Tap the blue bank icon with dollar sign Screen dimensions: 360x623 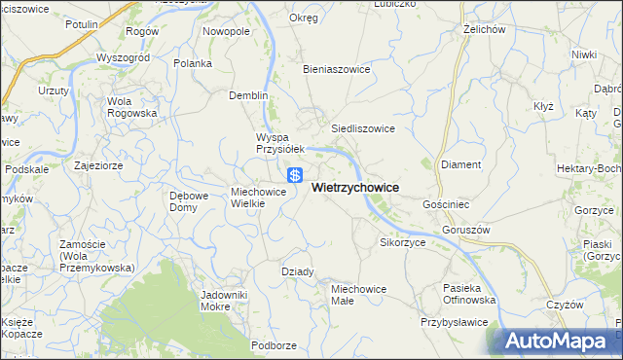click(x=294, y=175)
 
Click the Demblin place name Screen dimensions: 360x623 click(x=247, y=95)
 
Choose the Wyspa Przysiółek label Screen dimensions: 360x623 click(x=280, y=143)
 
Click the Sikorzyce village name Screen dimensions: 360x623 click(x=403, y=242)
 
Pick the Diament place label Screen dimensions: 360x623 click(x=461, y=164)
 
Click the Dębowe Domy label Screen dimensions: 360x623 click(x=190, y=201)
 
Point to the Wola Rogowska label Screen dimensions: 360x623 click(x=132, y=107)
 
